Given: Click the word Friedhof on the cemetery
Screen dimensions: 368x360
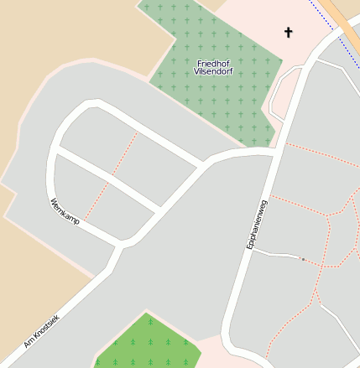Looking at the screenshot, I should pyautogui.click(x=214, y=64).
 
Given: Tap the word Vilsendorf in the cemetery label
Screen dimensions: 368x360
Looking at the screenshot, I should pyautogui.click(x=214, y=72).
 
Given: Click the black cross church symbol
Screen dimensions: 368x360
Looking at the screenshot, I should pyautogui.click(x=289, y=33).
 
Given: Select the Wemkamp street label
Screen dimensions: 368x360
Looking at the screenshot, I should pyautogui.click(x=65, y=210).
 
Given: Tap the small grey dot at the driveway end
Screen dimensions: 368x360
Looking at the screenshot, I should pyautogui.click(x=303, y=259).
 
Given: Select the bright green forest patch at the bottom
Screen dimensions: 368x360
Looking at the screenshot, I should pyautogui.click(x=147, y=344).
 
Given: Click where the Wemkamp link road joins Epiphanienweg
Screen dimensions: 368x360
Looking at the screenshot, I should pyautogui.click(x=274, y=153).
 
